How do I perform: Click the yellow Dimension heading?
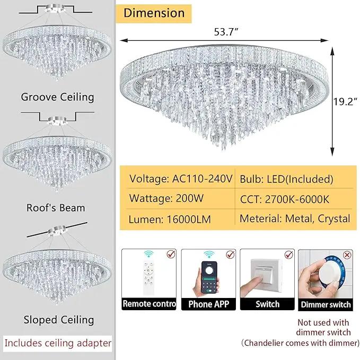154,13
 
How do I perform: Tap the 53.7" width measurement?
226,32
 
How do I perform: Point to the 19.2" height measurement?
345,102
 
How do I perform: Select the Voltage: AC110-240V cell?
181,179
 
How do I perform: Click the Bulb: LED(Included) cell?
286,179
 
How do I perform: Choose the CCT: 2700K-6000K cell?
285,199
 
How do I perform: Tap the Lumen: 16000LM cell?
170,219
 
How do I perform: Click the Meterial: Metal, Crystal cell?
295,219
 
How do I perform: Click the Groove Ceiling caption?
57,97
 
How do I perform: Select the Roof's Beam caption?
56,208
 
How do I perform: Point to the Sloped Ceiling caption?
59,320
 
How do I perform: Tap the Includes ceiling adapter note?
58,343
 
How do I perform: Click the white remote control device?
148,278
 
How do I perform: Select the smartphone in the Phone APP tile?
209,278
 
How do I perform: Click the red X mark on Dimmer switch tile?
347,255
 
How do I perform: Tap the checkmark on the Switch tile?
288,254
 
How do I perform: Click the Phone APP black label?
208,304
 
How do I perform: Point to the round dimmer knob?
329,275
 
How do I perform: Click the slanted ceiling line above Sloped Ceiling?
57,230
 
